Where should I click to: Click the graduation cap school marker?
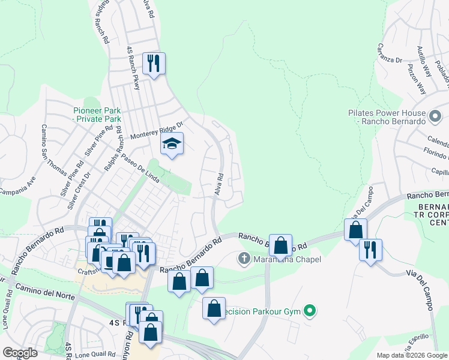pyautogui.click(x=172, y=144)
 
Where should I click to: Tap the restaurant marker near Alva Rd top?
pyautogui.click(x=154, y=64)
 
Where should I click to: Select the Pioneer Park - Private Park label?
pyautogui.click(x=97, y=115)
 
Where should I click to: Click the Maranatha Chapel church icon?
pyautogui.click(x=244, y=259)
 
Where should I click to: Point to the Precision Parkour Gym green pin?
pyautogui.click(x=310, y=311)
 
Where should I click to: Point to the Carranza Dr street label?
pyautogui.click(x=390, y=52)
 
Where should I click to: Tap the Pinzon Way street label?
pyautogui.click(x=417, y=79)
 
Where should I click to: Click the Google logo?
pyautogui.click(x=20, y=353)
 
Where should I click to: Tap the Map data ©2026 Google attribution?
pyautogui.click(x=412, y=355)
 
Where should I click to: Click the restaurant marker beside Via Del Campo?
pyautogui.click(x=370, y=249)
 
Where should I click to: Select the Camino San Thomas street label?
pyautogui.click(x=53, y=149)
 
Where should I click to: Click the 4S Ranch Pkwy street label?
pyautogui.click(x=133, y=68)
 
